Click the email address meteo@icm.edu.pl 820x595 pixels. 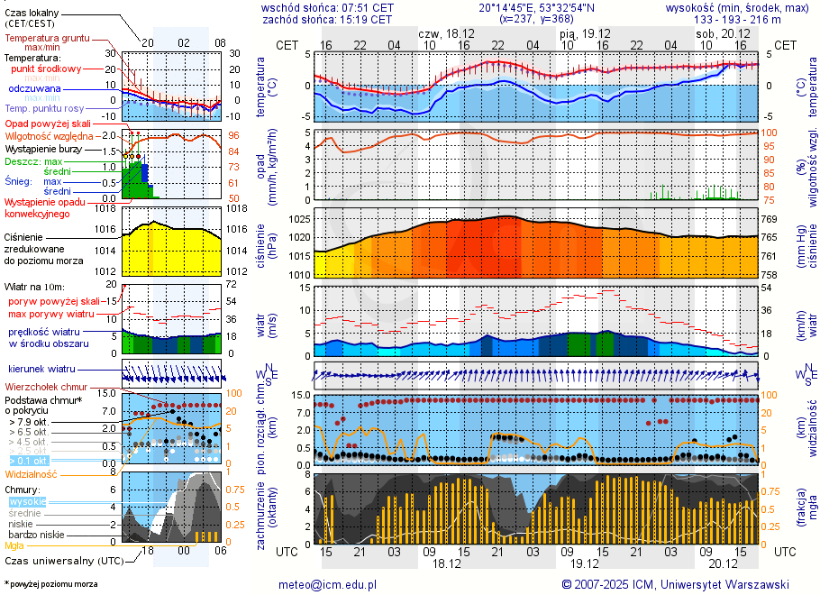327,584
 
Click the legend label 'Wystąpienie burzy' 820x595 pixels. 43,148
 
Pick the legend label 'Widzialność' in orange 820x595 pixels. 32,473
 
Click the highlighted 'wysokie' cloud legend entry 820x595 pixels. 27,501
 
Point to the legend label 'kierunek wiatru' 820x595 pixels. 41,370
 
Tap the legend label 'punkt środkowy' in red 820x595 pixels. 47,69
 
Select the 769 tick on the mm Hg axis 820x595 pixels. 770,219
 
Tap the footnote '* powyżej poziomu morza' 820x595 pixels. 50,584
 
